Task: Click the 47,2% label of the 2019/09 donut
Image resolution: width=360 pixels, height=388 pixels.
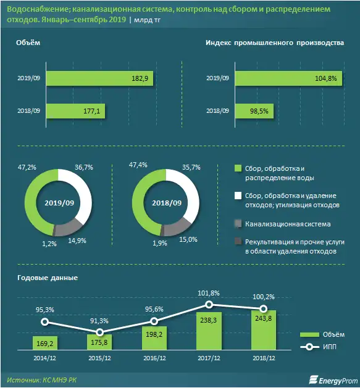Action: (x=26, y=167)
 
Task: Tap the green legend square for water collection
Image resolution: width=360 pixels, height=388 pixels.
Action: (x=238, y=168)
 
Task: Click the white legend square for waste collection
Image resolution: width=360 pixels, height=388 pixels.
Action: (x=238, y=196)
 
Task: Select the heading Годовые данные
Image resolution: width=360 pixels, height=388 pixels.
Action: (x=48, y=278)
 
